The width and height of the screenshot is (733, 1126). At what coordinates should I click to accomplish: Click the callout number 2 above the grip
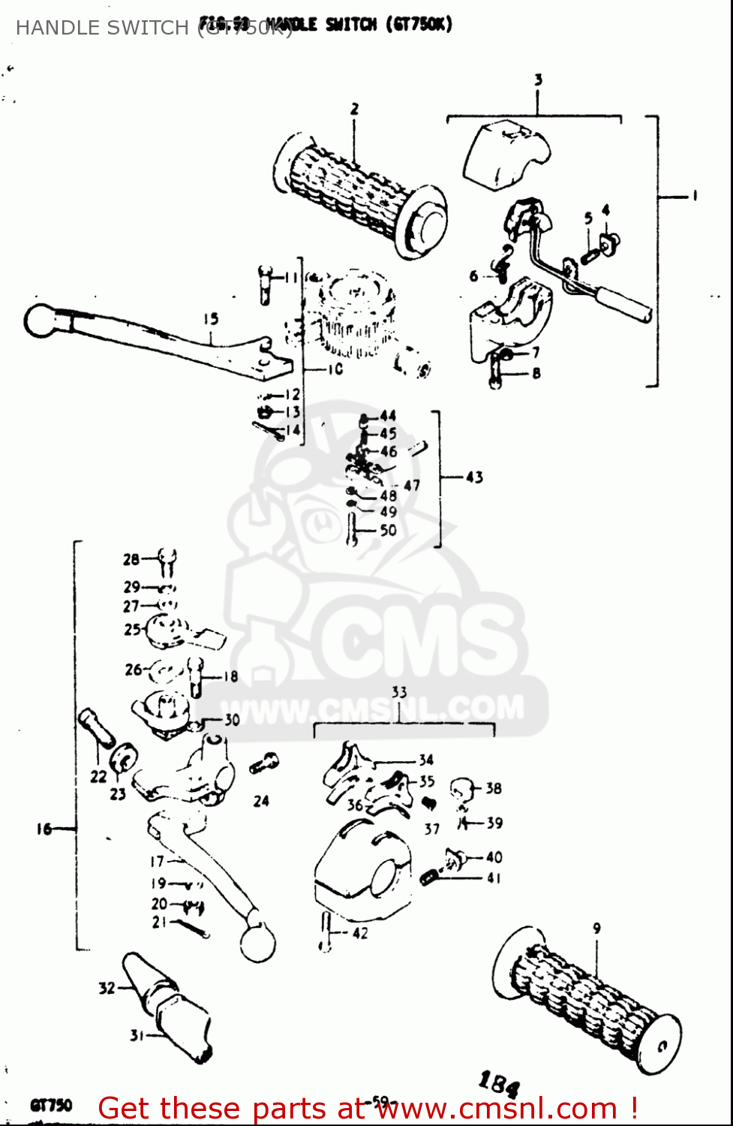(x=355, y=110)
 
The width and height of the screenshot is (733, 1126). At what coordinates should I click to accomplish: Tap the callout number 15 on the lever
(x=211, y=319)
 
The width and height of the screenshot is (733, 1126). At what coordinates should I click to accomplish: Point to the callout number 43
(x=474, y=477)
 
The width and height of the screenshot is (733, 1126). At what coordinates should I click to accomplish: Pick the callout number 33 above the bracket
(x=399, y=692)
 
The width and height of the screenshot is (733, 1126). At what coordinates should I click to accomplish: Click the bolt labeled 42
(x=326, y=932)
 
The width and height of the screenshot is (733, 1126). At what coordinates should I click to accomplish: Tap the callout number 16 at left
(x=44, y=829)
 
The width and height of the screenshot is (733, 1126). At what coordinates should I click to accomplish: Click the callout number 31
(x=137, y=1036)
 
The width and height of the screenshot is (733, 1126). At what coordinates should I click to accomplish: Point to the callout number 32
(x=107, y=988)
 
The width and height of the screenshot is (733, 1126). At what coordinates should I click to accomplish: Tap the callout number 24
(x=260, y=801)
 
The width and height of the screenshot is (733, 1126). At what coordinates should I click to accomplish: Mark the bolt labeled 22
(x=95, y=727)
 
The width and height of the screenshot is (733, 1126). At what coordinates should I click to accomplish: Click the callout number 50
(x=388, y=530)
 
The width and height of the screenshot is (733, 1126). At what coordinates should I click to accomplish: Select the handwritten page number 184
(x=499, y=1084)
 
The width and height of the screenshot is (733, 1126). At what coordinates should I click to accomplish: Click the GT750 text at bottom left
(x=51, y=1105)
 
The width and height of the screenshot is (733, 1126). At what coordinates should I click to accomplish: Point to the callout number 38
(x=493, y=788)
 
